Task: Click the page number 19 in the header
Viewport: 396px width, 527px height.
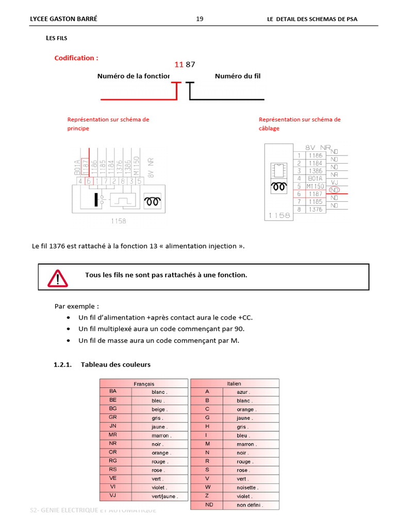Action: pos(200,19)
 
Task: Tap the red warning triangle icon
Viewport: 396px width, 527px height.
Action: pos(57,277)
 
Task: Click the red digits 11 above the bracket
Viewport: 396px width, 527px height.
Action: pos(179,64)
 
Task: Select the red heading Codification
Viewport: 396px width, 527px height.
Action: pos(76,58)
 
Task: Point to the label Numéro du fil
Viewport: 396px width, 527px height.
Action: pos(238,76)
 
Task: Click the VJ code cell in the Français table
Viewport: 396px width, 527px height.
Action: pos(113,496)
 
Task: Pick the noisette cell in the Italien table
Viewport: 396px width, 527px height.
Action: pos(247,487)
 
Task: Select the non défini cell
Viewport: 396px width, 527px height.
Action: pos(250,505)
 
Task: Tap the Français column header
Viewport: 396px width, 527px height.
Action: pos(144,383)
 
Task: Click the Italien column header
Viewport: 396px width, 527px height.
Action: pos(234,383)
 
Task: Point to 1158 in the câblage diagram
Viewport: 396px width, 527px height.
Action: pos(279,215)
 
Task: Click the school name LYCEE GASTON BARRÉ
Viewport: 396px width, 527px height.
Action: pos(64,19)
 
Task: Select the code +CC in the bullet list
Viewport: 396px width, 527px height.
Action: pos(244,317)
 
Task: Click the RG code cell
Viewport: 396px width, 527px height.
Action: pos(113,461)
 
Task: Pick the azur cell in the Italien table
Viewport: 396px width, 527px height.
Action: pos(243,392)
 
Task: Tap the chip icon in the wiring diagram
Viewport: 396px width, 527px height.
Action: pos(279,169)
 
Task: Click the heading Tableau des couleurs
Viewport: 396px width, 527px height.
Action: pos(115,364)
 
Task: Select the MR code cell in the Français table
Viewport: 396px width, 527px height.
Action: pos(113,435)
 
